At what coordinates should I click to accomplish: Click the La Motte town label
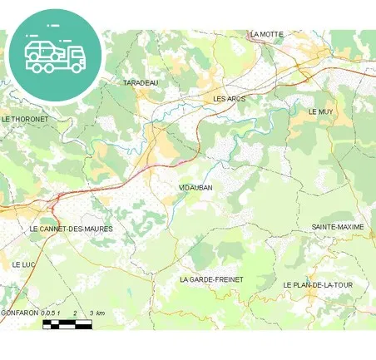tap(267, 34)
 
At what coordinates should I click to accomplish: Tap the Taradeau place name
tap(140, 84)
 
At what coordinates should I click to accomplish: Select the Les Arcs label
tap(230, 99)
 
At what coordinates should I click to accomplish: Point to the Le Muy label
tap(320, 111)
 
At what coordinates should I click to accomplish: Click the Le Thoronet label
tap(25, 119)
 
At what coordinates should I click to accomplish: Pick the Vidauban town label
tap(196, 188)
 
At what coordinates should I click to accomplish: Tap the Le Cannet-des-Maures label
tap(71, 228)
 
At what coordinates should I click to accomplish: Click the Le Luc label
tap(22, 264)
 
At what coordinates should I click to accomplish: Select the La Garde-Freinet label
tap(211, 279)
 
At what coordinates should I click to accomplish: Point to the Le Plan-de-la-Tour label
tap(318, 285)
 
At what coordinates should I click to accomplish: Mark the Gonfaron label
tap(19, 313)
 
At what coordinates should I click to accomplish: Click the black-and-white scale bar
tap(67, 323)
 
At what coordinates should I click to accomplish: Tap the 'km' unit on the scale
tap(101, 313)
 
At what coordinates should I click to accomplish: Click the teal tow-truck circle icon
tap(55, 56)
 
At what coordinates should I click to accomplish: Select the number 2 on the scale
tap(76, 313)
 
